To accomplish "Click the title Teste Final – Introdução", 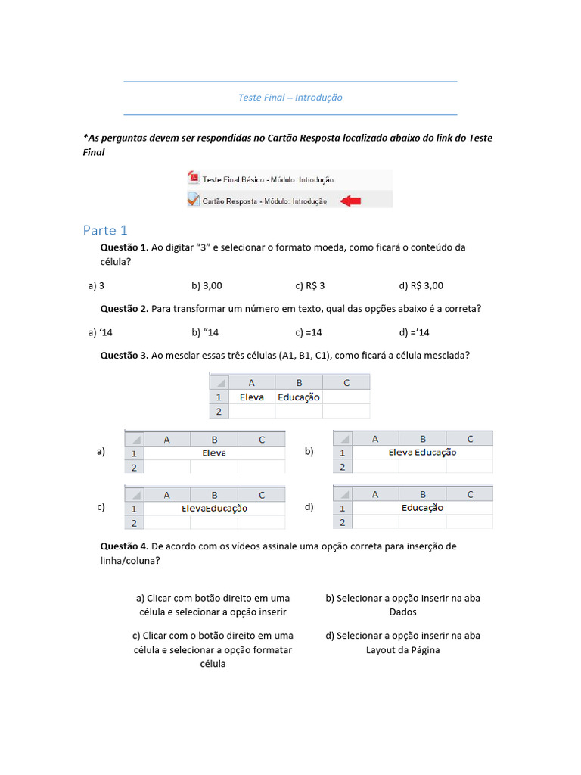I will pos(290,98).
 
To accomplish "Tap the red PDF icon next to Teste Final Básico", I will pos(194,179).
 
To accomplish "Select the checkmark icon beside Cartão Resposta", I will pos(194,201).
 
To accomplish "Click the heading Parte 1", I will pos(105,230).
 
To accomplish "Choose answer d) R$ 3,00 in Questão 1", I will pos(421,285).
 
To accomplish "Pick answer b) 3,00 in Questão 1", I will pos(207,285).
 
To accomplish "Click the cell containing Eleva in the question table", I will pos(251,397).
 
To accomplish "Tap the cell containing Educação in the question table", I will pos(299,397).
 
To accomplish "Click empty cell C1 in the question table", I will pos(346,397).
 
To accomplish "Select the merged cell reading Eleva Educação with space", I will pos(422,453).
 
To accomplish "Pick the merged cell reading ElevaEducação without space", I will pos(214,509).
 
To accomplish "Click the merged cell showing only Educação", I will pos(422,508).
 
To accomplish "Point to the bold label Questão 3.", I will pos(124,355).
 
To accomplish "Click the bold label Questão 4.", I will pos(124,546).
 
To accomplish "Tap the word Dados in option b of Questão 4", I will pos(402,612).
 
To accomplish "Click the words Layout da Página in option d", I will pos(402,649).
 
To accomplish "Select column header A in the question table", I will pos(251,383).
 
